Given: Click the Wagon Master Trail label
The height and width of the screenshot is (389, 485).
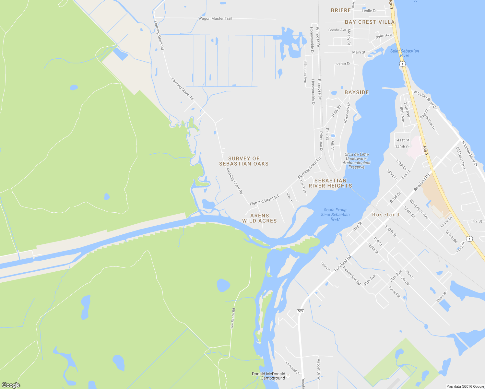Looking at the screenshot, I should pos(215,18).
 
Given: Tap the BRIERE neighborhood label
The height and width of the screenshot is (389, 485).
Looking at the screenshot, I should pos(341,10).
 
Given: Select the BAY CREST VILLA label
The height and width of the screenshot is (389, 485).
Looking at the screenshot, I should pos(370,22).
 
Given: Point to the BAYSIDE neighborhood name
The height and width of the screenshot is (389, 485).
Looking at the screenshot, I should pos(357,92).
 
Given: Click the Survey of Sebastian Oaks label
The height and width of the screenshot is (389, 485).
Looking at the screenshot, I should pos(244,161).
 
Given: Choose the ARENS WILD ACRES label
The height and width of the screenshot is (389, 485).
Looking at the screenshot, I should pos(259,218).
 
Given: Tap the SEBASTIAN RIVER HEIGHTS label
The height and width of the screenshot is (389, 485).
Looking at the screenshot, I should pos(330,183).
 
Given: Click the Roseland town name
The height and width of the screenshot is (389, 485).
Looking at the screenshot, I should pos(386,215).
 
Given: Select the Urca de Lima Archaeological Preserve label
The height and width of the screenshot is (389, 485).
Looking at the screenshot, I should pos(357,161).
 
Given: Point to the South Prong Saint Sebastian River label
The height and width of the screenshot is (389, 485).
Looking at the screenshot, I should pos(335,215).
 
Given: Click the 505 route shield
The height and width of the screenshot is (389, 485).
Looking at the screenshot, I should pos(300,311).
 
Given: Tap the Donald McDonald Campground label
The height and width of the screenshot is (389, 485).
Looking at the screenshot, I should pos(268,376).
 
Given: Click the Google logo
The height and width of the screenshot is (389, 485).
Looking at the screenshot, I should pos(11,385).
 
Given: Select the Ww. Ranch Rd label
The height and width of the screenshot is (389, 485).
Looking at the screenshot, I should pos(233,318).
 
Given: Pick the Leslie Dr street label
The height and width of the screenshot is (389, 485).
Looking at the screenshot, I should pos(369,11).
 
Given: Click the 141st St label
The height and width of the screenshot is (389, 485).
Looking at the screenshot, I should pos(402,140).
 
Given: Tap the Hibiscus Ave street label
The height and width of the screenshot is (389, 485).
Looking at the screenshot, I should pos(305,72).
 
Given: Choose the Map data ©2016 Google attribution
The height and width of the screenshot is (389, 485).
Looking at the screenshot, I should pos(465,386).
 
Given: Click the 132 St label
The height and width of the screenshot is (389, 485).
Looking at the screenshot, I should pos(476,221).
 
